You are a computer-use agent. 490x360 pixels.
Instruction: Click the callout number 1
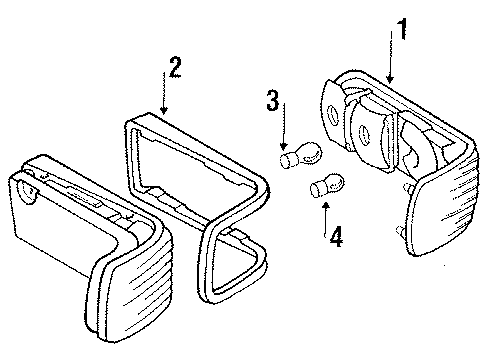402,29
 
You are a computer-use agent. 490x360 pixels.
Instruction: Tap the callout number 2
175,67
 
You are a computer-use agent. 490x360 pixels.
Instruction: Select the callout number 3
273,100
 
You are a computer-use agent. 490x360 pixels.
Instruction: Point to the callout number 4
336,236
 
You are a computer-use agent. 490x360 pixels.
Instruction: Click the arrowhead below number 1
390,79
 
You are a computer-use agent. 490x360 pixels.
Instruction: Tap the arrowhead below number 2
163,110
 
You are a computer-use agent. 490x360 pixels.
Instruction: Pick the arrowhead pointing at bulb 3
284,145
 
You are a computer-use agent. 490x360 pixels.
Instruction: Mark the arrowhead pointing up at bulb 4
326,206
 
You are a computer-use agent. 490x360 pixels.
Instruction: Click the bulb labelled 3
300,155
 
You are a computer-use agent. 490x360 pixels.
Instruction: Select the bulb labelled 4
327,185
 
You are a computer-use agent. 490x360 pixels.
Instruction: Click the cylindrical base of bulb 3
288,160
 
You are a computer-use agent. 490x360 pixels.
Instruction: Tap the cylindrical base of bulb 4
317,189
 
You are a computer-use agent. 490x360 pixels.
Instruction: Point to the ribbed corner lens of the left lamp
132,287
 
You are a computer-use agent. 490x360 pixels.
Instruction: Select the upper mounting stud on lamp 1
408,188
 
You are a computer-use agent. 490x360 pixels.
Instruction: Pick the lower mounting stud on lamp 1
400,231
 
